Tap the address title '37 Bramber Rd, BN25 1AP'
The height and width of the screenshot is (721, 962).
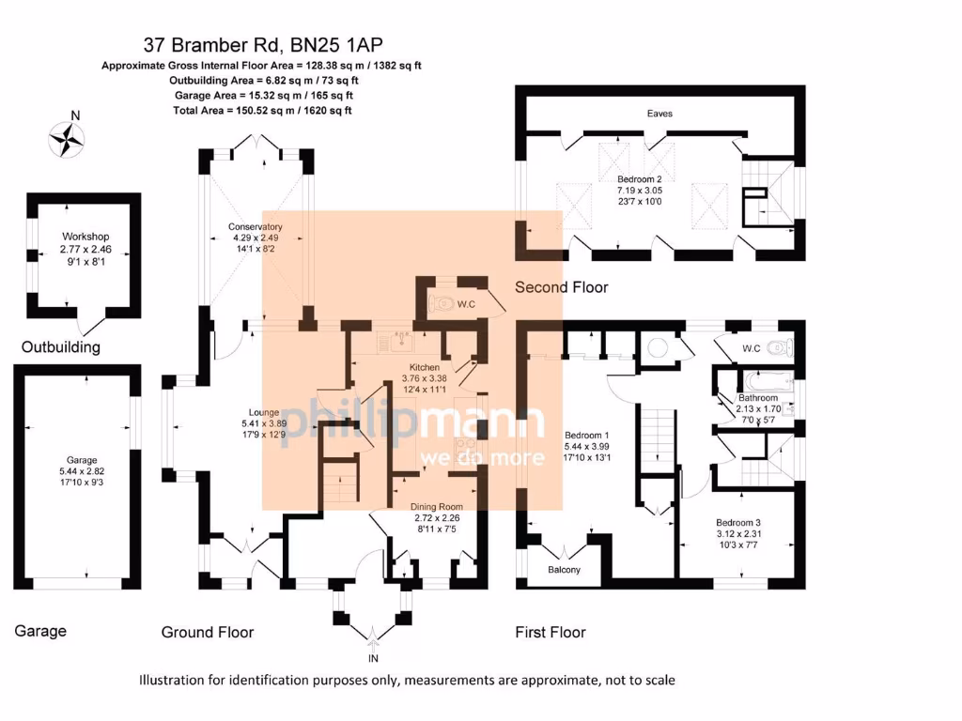pos(263,44)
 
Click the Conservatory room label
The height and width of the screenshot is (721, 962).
pos(255,226)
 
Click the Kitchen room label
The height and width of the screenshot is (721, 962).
pos(424,366)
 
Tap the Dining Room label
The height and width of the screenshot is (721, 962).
pos(437,505)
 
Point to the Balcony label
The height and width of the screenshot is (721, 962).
pos(564,570)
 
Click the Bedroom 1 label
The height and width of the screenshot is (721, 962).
pos(587,435)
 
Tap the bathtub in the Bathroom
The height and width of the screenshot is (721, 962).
pos(767,384)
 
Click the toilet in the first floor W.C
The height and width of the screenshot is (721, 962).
pos(777,349)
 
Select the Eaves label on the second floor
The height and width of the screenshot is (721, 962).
pos(659,114)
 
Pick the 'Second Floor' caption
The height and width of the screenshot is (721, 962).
pos(561,287)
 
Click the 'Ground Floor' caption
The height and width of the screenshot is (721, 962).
pos(208,632)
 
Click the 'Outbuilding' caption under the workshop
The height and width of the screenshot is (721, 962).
pos(61,347)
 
